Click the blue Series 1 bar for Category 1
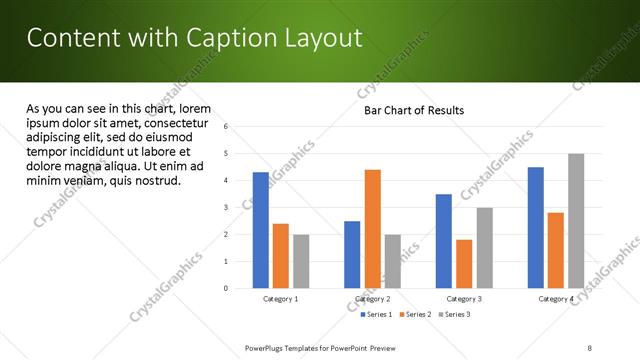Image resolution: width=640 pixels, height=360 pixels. click(261, 230)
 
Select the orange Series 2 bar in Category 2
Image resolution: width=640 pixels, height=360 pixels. click(372, 229)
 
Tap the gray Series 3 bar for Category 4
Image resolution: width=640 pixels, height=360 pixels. click(576, 221)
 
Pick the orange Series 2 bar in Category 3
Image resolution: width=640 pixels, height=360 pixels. click(464, 264)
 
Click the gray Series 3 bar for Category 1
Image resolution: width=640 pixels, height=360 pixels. click(301, 261)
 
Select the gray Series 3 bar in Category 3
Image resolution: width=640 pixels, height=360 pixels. click(484, 248)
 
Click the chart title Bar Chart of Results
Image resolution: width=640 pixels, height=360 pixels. click(414, 110)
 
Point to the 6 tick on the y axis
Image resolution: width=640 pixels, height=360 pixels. click(226, 127)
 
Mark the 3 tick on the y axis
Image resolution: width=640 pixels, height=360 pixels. click(226, 208)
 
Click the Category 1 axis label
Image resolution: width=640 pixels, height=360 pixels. click(281, 299)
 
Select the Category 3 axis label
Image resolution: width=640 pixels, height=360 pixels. click(464, 299)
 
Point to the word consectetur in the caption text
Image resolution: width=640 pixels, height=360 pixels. click(175, 122)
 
